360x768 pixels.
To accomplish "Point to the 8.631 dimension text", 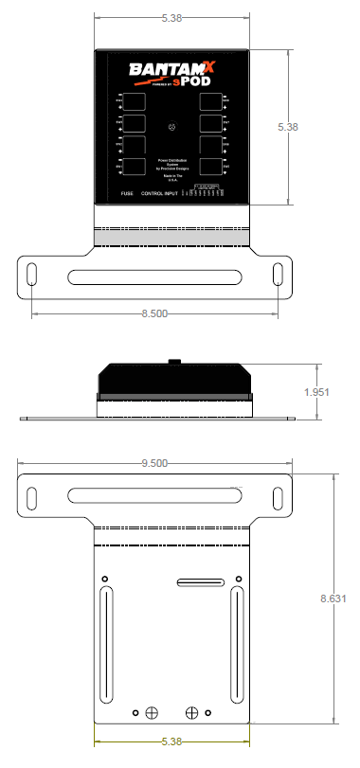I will click(x=333, y=598).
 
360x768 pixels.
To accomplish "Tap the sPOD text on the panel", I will click(x=192, y=81).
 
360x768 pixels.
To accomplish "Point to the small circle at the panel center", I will click(x=171, y=127).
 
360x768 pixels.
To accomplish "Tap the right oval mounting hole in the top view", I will click(x=278, y=274).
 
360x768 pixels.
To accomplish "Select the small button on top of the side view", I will click(x=173, y=361).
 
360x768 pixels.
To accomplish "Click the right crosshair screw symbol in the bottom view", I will click(x=192, y=712).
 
